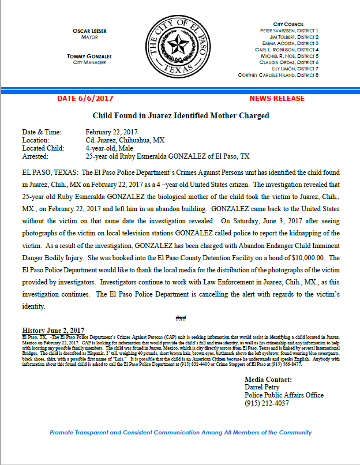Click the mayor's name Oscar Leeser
(89, 30)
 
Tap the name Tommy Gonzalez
(89, 57)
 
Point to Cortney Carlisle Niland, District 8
(278, 75)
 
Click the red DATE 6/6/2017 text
(85, 99)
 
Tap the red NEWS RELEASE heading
(277, 99)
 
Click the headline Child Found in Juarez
(181, 115)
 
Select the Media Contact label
(268, 380)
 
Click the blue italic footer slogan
(181, 432)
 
